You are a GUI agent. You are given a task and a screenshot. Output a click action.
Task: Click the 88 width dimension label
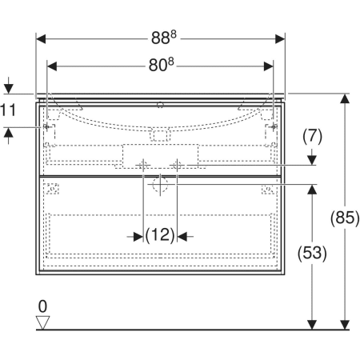click(x=164, y=38)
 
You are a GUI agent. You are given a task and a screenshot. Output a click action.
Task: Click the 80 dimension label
click(x=161, y=65)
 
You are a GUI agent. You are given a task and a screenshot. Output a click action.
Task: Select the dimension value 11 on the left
click(x=8, y=110)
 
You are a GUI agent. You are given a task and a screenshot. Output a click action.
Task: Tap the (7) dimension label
click(x=312, y=137)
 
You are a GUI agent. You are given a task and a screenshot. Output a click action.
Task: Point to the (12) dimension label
click(x=160, y=235)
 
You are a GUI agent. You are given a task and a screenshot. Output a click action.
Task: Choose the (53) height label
click(x=312, y=253)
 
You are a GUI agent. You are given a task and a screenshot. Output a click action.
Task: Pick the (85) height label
click(x=345, y=218)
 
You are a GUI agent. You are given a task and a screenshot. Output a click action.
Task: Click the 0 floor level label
click(x=42, y=306)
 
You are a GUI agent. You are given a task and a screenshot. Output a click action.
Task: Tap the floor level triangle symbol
click(x=43, y=322)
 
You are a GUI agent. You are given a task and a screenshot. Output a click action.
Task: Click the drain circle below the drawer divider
click(x=160, y=184)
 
